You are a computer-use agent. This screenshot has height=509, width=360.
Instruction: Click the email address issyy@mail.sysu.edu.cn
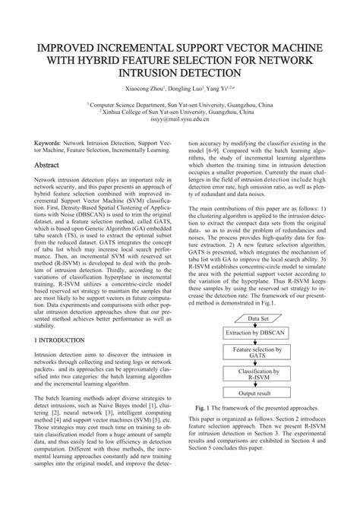pos(181,119)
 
